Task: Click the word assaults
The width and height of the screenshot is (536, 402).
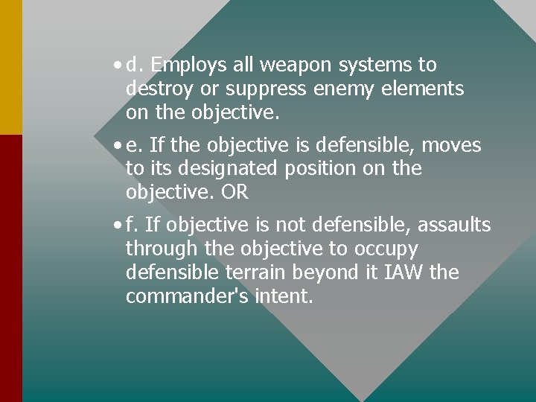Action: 455,225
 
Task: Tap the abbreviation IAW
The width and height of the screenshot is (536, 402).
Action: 398,272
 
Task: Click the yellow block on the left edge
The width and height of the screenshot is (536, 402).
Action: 11,67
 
